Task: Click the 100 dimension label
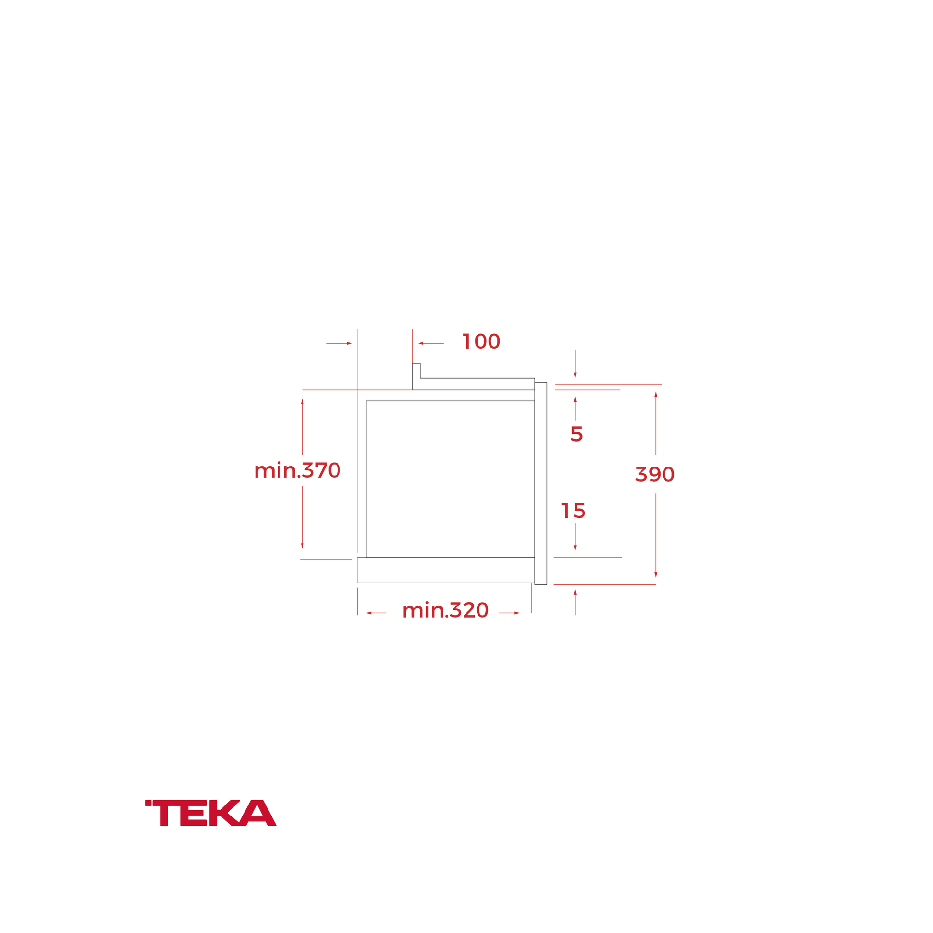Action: pyautogui.click(x=481, y=341)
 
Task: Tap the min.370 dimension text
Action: pyautogui.click(x=297, y=470)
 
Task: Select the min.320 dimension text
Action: pyautogui.click(x=445, y=610)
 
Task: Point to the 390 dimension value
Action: pyautogui.click(x=655, y=474)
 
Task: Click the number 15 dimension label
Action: pyautogui.click(x=573, y=511)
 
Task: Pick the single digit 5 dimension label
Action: pyautogui.click(x=577, y=434)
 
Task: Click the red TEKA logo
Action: pyautogui.click(x=210, y=813)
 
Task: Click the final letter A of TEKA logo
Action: pyautogui.click(x=258, y=813)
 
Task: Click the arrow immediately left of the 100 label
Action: pyautogui.click(x=431, y=343)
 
